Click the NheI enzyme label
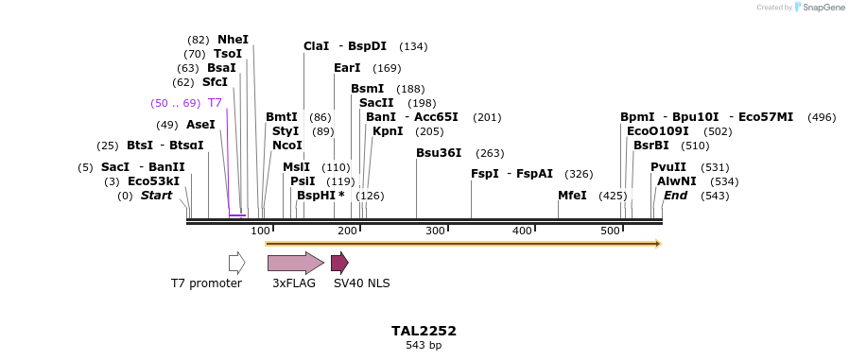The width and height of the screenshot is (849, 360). pos(233,40)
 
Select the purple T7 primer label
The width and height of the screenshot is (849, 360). pos(215,103)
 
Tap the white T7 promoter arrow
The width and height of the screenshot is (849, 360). pos(236,263)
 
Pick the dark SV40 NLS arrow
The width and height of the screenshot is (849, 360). pos(339,263)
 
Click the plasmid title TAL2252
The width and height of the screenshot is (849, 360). pos(424,331)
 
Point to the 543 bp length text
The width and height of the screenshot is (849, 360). pos(424,345)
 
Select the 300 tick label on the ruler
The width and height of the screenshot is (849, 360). pos(435,231)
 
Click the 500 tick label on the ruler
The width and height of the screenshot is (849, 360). pos(610,231)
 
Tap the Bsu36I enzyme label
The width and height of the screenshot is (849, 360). pos(439,153)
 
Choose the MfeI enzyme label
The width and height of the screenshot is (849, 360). pos(572,196)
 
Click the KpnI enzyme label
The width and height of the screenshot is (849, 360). pos(388,131)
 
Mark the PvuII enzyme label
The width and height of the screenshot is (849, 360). pos(668,167)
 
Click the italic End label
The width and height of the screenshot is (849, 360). pos(675,196)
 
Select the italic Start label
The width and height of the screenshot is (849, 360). pos(157,196)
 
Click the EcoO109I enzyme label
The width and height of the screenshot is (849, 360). pos(658,131)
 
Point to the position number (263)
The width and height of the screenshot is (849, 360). pos(490,153)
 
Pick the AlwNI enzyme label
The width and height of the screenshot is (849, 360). pos(677,181)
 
